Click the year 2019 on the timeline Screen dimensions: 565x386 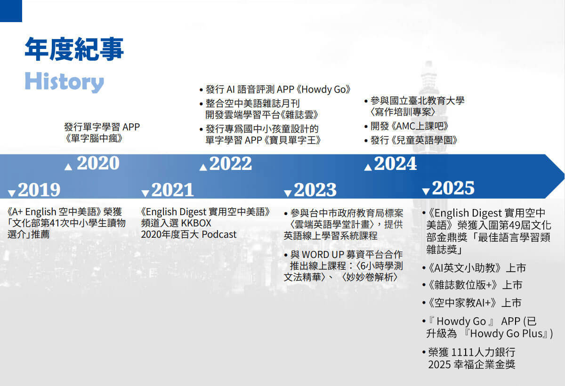click(x=39, y=190)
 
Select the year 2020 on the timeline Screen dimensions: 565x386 click(x=98, y=163)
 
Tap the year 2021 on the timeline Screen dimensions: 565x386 click(x=173, y=190)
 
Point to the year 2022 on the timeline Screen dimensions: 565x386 click(x=231, y=164)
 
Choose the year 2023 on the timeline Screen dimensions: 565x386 click(x=315, y=190)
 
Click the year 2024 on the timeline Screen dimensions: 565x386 click(x=395, y=164)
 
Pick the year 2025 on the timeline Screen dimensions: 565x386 click(x=453, y=188)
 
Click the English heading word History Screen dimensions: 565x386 click(x=65, y=82)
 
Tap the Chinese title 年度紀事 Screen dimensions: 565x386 click(x=74, y=49)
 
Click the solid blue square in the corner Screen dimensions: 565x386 click(x=11, y=11)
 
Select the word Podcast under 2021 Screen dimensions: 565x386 click(x=219, y=234)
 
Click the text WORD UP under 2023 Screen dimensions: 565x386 click(x=323, y=255)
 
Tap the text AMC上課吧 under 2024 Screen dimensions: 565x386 click(x=420, y=126)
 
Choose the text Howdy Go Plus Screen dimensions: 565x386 click(x=506, y=334)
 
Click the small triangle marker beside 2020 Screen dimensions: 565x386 click(x=68, y=167)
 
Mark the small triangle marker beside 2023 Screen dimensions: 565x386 click(x=288, y=193)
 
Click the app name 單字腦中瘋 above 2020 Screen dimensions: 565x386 click(x=94, y=138)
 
